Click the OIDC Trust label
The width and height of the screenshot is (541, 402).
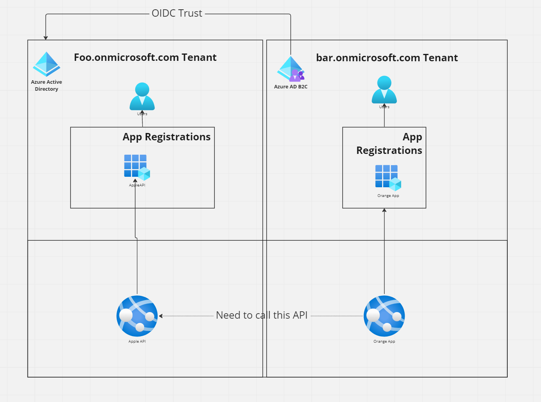(x=177, y=13)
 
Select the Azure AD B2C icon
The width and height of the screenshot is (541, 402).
(x=291, y=69)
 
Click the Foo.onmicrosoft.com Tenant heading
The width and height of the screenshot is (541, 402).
(x=145, y=57)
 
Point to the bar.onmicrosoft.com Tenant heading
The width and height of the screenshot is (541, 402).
(x=387, y=58)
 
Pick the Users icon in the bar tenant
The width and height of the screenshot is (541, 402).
(x=384, y=90)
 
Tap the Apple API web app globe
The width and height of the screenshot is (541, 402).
(x=137, y=316)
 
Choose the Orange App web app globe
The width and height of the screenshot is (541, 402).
(x=384, y=316)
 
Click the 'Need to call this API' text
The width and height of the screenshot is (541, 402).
(x=262, y=315)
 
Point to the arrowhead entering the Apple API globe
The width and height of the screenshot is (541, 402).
(x=161, y=316)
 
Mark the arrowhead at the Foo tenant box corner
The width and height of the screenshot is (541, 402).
(x=46, y=38)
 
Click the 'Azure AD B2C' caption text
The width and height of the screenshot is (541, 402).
(x=291, y=87)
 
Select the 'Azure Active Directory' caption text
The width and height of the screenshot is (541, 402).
(x=47, y=85)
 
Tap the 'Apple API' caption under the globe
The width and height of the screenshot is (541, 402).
(x=137, y=342)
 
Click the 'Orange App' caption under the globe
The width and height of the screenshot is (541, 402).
(x=384, y=342)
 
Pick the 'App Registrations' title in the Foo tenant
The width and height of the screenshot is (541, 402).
(x=166, y=137)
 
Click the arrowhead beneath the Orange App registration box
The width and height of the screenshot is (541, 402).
(x=384, y=210)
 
